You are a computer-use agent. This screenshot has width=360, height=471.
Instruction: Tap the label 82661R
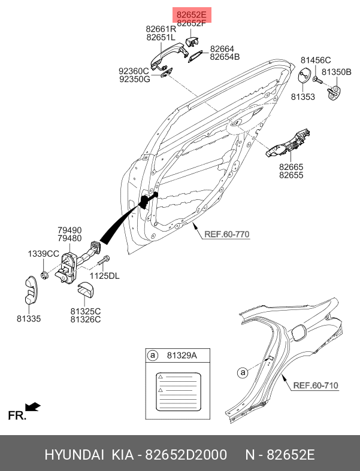[x=161, y=28]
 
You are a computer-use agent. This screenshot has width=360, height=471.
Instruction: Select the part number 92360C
[x=134, y=71]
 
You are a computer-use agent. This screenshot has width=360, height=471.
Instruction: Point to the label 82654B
[x=225, y=57]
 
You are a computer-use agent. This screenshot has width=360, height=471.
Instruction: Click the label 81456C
[x=316, y=60]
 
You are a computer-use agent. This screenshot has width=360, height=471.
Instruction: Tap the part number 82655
[x=291, y=175]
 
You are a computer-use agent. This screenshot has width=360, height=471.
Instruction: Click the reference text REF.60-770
[x=226, y=235]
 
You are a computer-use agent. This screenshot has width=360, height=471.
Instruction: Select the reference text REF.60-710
[x=316, y=385]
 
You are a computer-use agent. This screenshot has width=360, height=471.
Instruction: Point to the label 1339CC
[x=43, y=254]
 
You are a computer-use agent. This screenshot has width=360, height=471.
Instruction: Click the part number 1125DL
[x=105, y=276]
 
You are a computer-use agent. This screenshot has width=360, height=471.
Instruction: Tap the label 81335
[x=29, y=318]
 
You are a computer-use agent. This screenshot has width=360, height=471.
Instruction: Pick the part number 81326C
[x=86, y=320]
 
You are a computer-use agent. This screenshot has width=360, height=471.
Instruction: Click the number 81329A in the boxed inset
[x=181, y=356]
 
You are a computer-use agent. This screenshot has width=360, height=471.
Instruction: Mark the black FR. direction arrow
[x=34, y=407]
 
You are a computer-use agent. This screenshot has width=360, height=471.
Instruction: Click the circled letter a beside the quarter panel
[x=242, y=373]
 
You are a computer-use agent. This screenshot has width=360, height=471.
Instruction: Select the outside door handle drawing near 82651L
[x=165, y=56]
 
